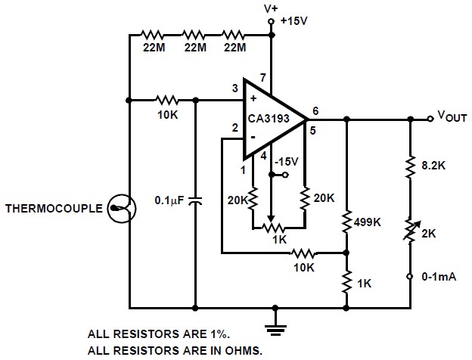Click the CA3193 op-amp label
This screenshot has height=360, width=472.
pos(269,118)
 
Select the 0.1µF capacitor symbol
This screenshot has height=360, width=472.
pos(195,200)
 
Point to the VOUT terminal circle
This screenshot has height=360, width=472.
pos(430,119)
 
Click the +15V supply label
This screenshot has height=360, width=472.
pos(294,21)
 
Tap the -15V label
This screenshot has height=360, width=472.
pos(286,162)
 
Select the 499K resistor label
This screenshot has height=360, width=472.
pos(368,222)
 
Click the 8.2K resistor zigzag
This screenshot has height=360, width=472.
pos(410,166)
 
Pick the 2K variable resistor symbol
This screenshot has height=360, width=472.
pos(410,231)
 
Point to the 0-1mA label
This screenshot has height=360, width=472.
pos(439,277)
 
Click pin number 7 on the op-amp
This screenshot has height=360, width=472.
pos(262,78)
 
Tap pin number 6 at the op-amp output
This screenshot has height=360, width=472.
pos(315,111)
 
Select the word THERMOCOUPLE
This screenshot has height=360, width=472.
pos(54,209)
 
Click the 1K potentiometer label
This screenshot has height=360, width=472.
pos(280,240)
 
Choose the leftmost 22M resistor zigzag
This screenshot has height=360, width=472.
pos(152,35)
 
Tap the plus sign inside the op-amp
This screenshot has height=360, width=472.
pos(253,98)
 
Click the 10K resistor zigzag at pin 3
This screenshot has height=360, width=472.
pos(167,100)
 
